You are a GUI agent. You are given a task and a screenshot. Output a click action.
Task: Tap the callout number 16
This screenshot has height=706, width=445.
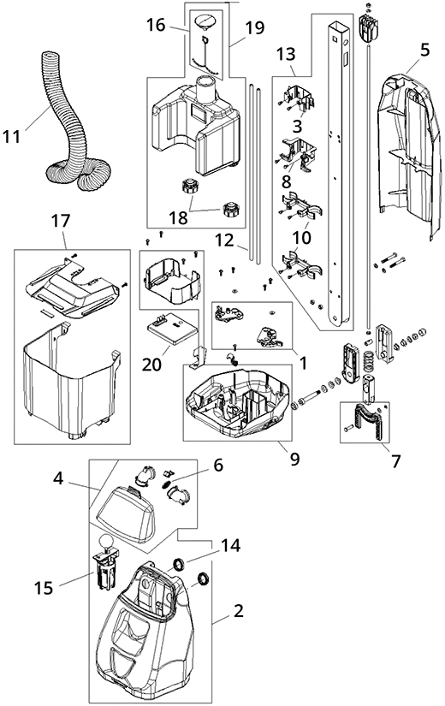point(156,27)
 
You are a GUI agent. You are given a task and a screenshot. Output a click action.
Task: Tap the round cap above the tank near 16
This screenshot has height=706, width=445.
point(206,21)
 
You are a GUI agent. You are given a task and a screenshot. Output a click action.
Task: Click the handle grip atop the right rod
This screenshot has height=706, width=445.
point(370,27)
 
